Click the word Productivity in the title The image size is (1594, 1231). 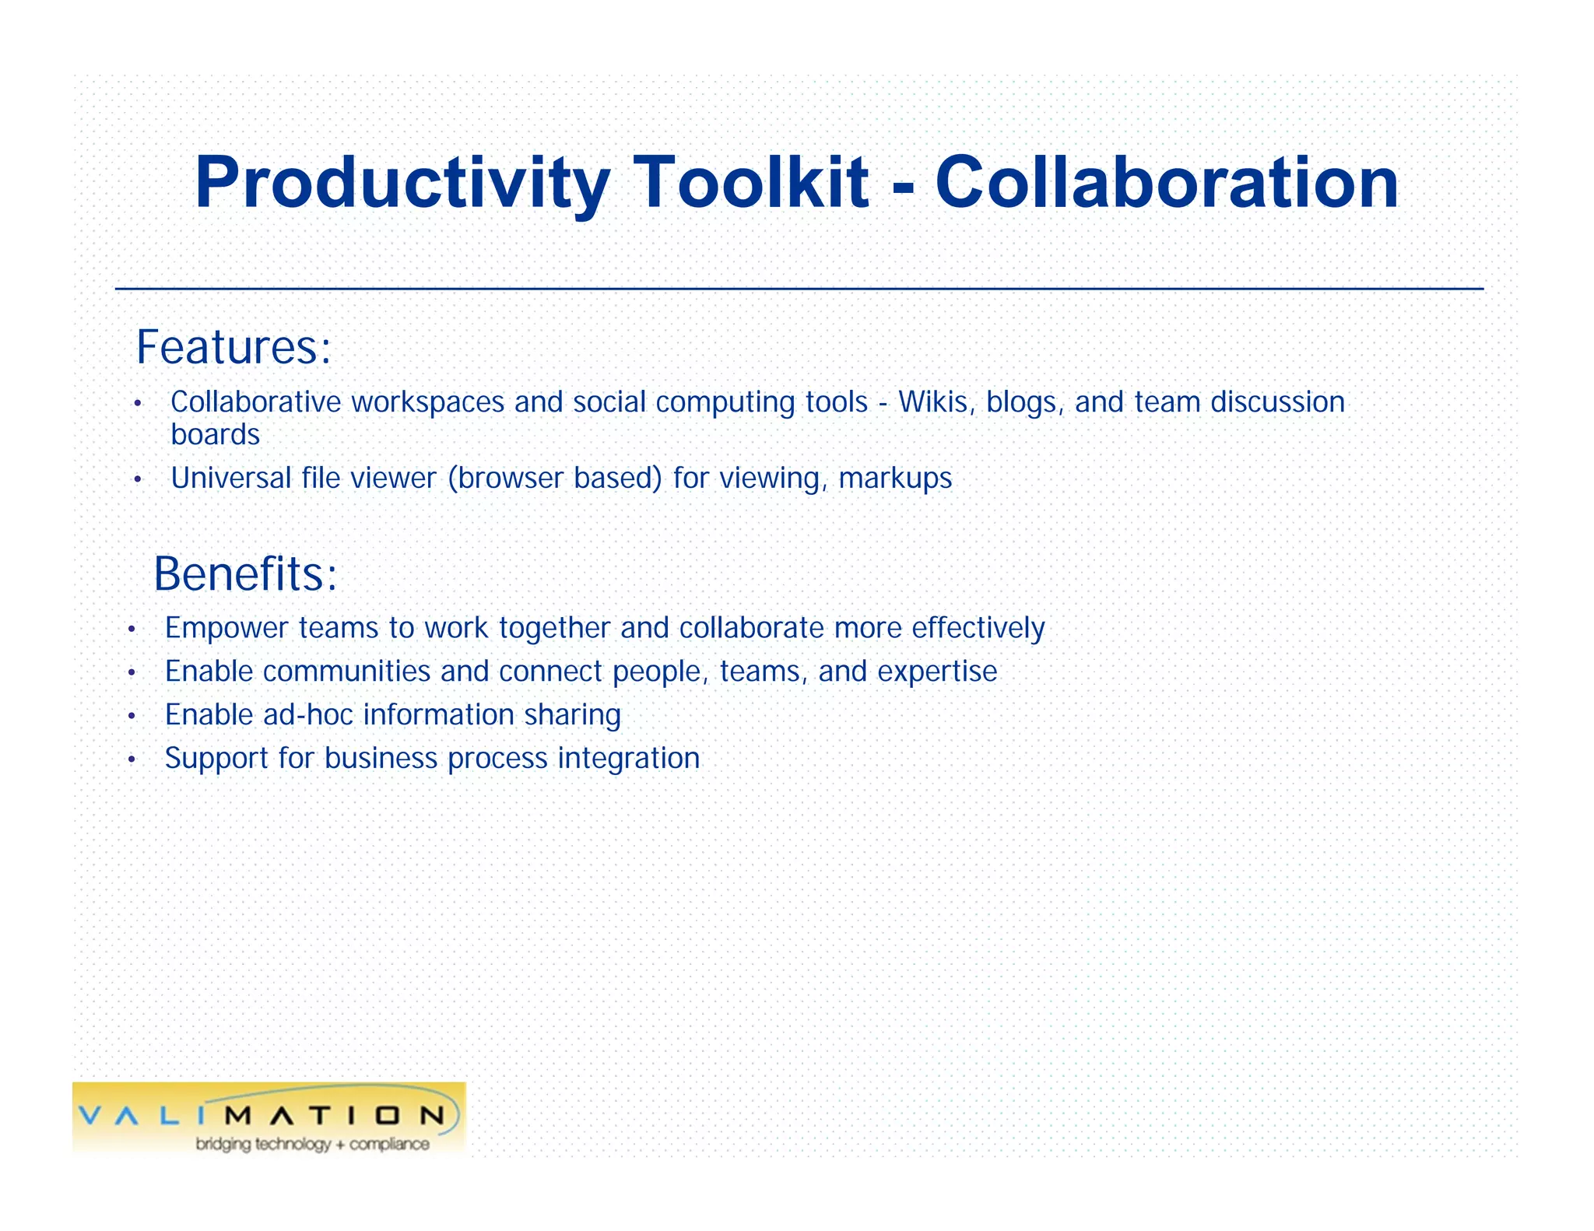point(401,184)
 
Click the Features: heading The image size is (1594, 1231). point(233,347)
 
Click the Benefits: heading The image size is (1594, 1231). point(245,574)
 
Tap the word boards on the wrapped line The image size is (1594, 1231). point(215,435)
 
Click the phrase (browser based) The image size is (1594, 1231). point(555,478)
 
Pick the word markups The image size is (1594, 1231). point(895,479)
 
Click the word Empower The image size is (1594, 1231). point(226,628)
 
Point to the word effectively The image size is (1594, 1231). point(978,628)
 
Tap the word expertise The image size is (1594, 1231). point(937,672)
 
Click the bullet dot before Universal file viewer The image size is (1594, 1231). point(137,479)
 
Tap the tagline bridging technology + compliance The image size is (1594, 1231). point(312,1144)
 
